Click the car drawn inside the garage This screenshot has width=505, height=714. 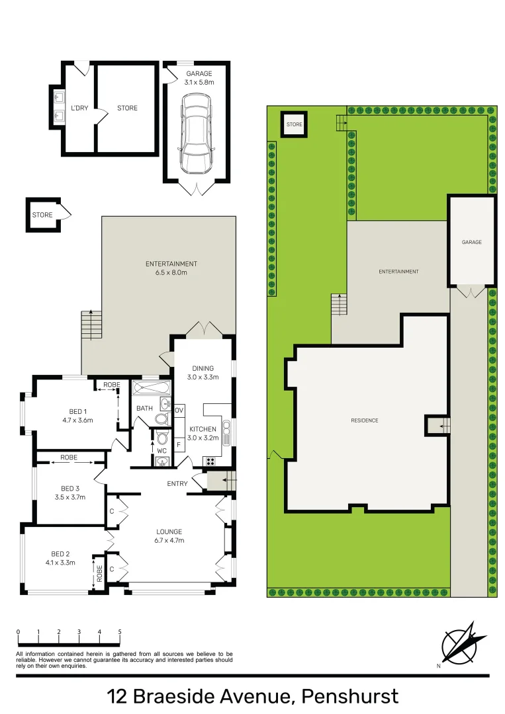(197, 133)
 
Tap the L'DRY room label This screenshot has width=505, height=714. (80, 108)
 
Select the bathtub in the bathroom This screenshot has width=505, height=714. (151, 387)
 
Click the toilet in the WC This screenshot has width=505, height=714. (161, 438)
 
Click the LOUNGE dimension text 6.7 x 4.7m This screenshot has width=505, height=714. (169, 541)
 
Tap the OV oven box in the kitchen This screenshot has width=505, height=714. (179, 411)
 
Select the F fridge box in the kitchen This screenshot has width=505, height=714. (179, 444)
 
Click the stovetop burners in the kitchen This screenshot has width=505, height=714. (211, 461)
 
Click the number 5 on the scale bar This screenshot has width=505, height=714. (120, 632)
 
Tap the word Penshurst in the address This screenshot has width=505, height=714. (349, 695)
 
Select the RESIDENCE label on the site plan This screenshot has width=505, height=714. (365, 420)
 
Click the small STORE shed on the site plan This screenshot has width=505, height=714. (294, 124)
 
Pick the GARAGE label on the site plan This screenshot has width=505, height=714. (471, 242)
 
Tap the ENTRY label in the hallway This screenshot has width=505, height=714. (177, 484)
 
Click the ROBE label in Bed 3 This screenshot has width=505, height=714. (69, 457)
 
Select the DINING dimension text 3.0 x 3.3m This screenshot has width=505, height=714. (202, 377)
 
